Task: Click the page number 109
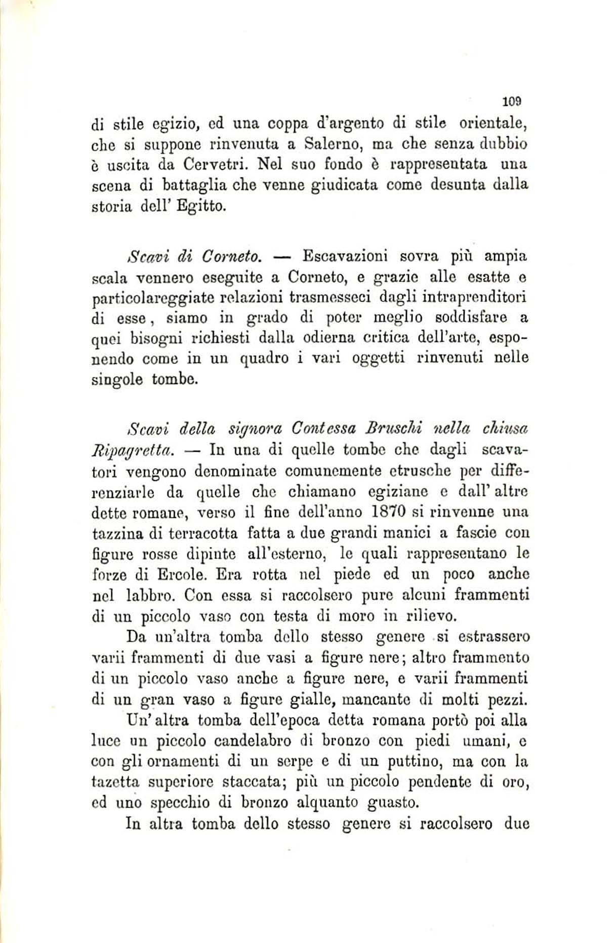click(x=512, y=101)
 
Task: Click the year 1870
click(x=390, y=512)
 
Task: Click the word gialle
click(x=311, y=700)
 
